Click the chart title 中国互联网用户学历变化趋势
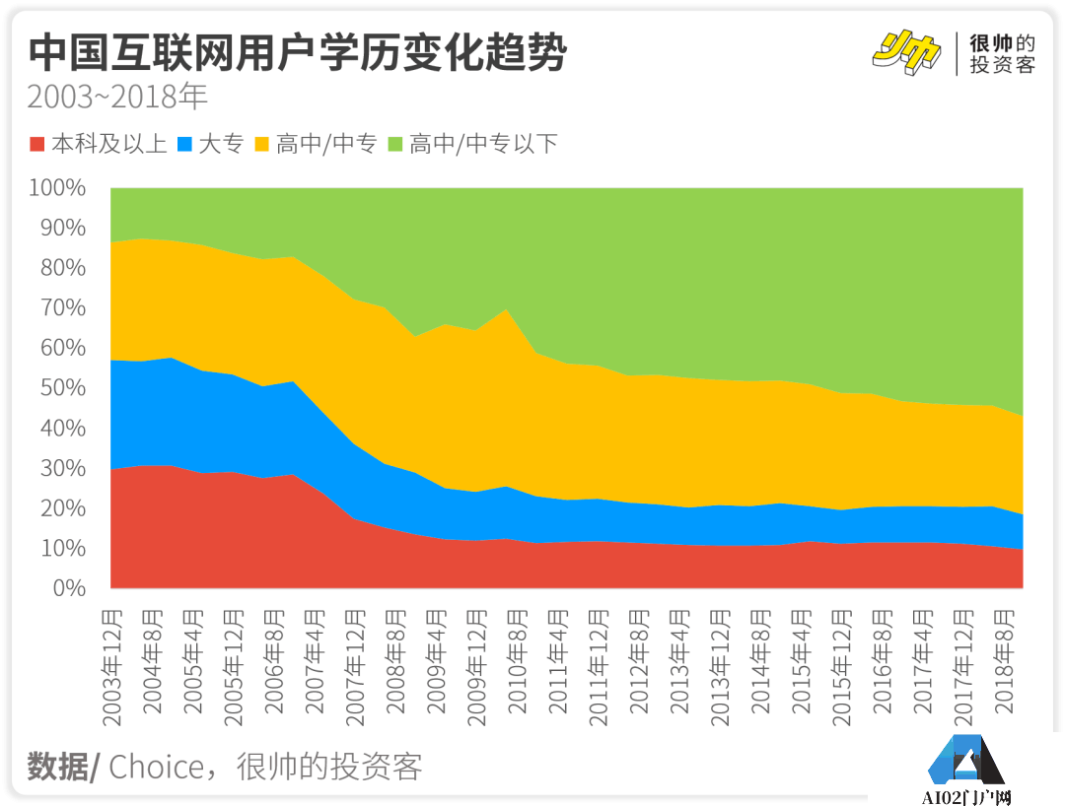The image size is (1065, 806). pyautogui.click(x=297, y=54)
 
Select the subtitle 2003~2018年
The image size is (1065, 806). pyautogui.click(x=117, y=99)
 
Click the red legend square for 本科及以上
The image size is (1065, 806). pyautogui.click(x=38, y=145)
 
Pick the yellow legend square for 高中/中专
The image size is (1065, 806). pyautogui.click(x=263, y=145)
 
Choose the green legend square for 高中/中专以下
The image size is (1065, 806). pyautogui.click(x=396, y=145)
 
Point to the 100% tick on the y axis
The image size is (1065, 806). pyautogui.click(x=58, y=187)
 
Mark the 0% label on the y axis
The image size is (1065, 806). pyautogui.click(x=69, y=588)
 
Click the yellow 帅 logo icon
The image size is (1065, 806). pyautogui.click(x=906, y=52)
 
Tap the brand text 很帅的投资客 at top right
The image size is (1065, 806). pyautogui.click(x=1002, y=54)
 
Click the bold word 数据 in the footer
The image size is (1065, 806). pyautogui.click(x=57, y=767)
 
